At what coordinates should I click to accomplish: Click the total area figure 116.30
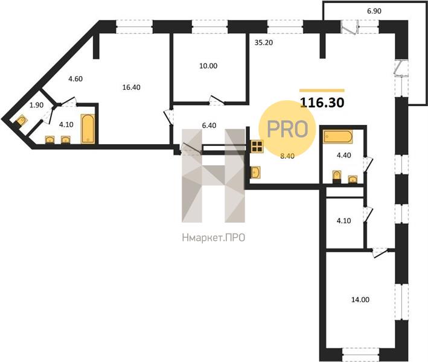tap(322, 103)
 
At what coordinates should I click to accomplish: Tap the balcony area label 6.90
tap(374, 11)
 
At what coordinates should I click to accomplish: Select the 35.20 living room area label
tap(264, 43)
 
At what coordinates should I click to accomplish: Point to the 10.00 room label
tap(208, 66)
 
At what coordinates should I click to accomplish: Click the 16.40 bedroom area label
tap(131, 87)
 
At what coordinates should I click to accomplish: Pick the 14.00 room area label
tap(360, 299)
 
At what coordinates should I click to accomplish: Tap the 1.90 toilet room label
tap(36, 105)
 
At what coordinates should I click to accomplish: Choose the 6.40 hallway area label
tap(209, 125)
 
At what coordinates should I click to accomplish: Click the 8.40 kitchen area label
tap(287, 156)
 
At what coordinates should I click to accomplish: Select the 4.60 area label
tap(75, 79)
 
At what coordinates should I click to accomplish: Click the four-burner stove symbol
tap(257, 146)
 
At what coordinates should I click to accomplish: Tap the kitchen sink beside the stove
tap(255, 172)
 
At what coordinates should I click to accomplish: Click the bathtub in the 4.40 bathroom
tap(338, 137)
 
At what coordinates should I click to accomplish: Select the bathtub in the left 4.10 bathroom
tap(88, 129)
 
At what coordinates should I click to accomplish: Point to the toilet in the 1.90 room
tap(20, 121)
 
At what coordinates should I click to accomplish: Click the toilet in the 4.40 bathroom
tap(337, 176)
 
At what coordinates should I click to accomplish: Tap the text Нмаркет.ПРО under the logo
tap(214, 238)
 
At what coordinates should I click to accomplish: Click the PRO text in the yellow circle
tap(287, 129)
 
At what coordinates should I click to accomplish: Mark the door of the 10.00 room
tap(217, 100)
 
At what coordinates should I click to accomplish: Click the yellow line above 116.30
tap(322, 91)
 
